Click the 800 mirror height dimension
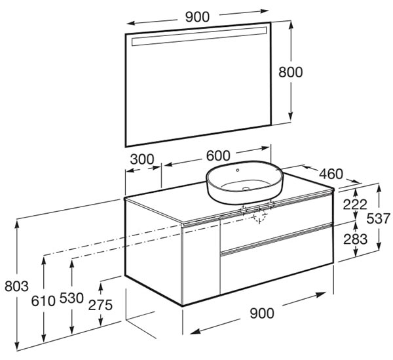point(290,72)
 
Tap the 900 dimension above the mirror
point(197,17)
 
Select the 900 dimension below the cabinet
point(262,313)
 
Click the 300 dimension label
point(142,159)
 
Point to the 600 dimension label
point(218,155)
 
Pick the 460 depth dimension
point(331,174)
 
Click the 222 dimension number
point(355,205)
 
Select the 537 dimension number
point(379,218)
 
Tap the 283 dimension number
point(356,239)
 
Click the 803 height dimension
point(17,286)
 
